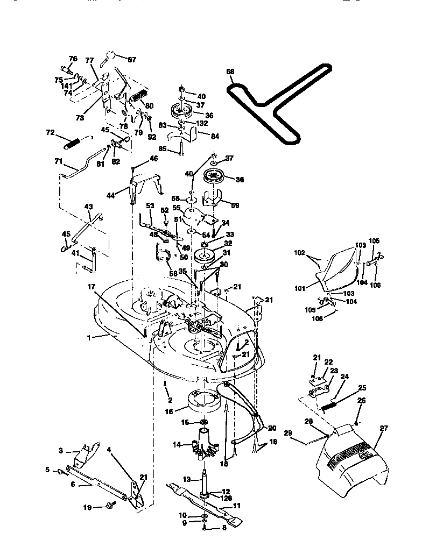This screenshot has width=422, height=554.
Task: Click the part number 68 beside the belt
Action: point(230,72)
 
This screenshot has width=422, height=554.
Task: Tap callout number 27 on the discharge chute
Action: point(384,429)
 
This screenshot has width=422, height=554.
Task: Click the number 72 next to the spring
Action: point(50,132)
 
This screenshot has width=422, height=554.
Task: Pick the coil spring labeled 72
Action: point(73,143)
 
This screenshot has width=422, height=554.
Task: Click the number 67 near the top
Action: point(131,60)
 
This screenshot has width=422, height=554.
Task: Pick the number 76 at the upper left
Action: point(73,59)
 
